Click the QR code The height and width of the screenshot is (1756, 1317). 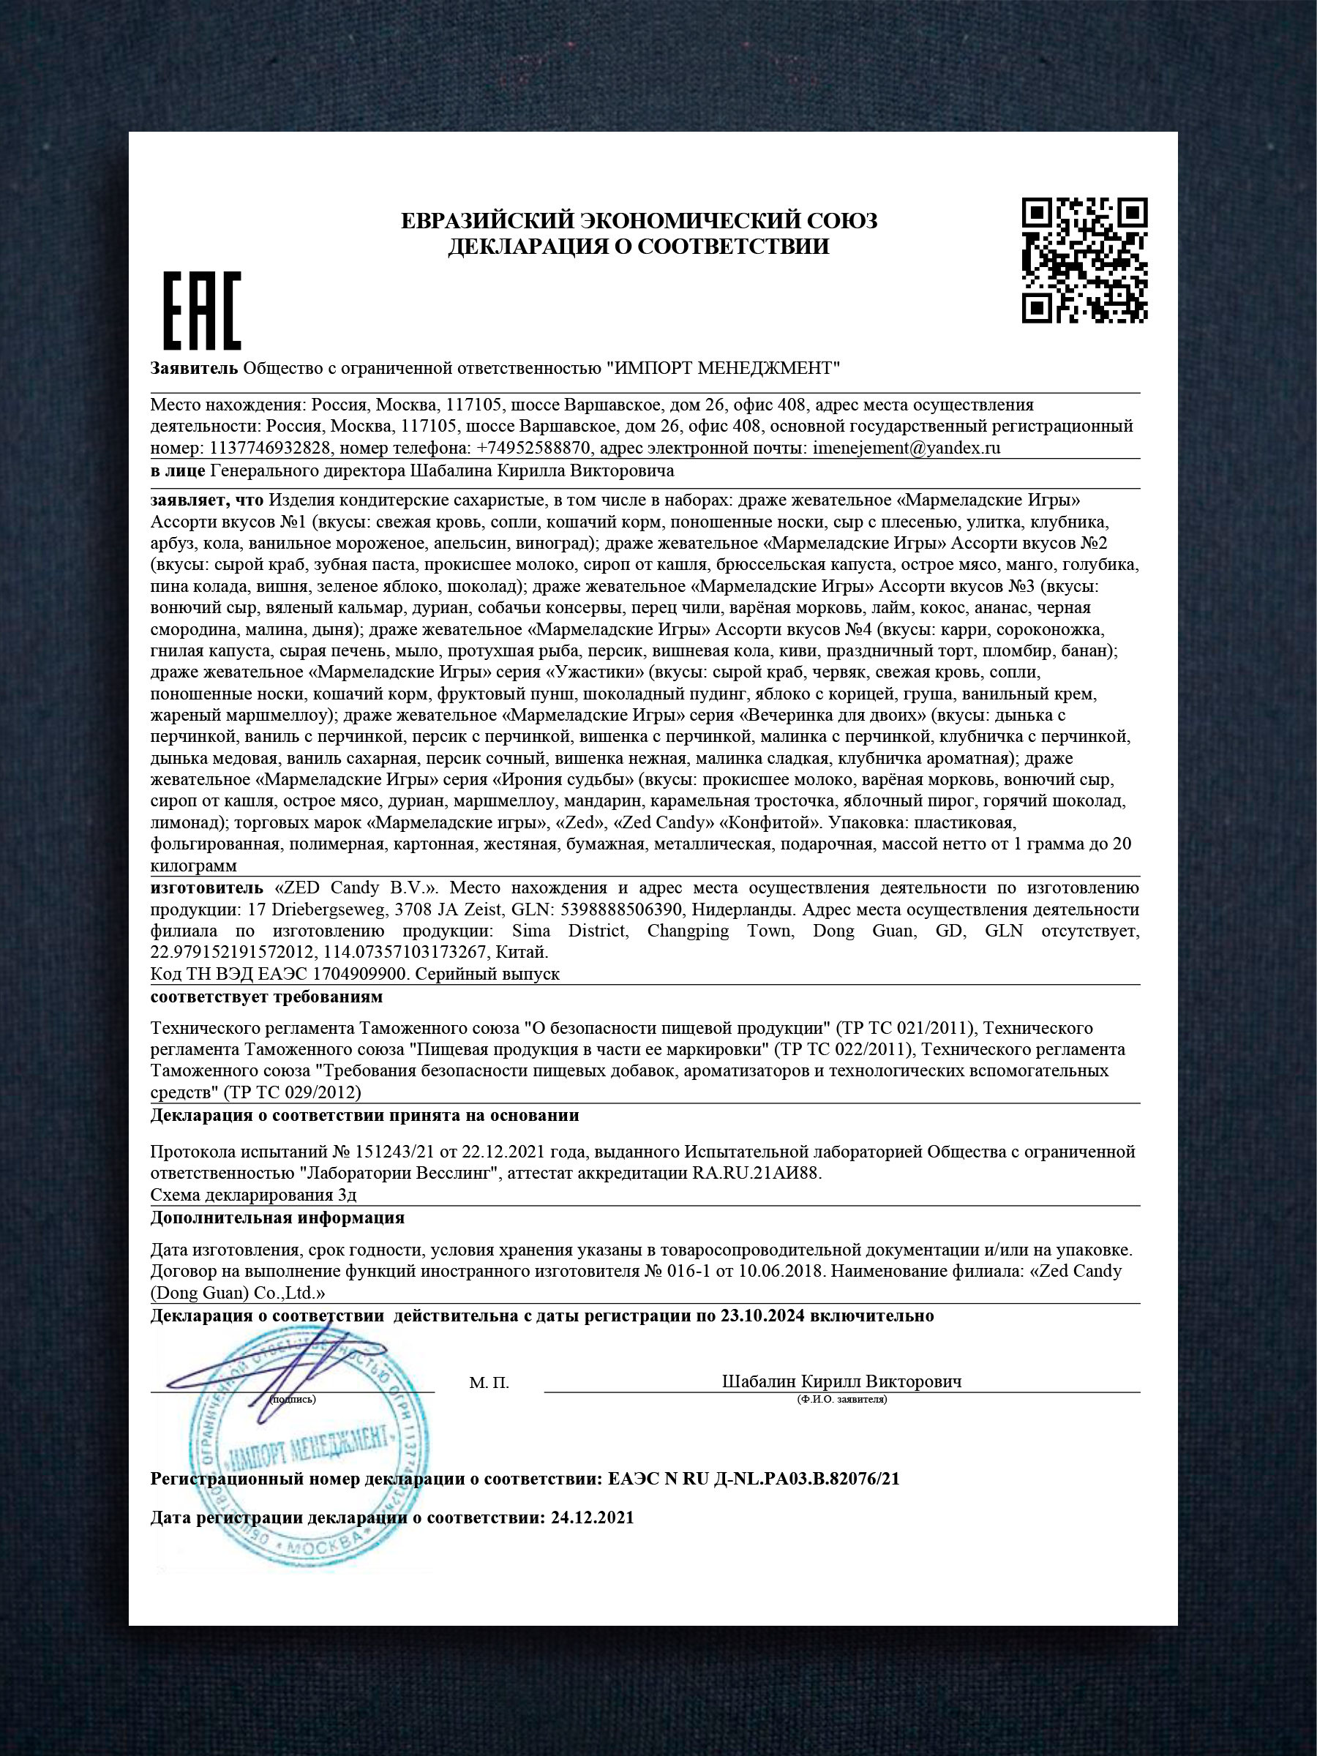point(1084,260)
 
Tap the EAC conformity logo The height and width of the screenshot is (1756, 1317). point(202,310)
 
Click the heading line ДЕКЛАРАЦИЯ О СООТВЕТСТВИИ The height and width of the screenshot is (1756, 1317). point(638,247)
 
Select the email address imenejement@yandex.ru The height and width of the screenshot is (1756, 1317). point(906,448)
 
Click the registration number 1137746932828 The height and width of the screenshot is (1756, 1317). point(270,448)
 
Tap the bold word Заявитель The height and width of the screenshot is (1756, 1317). point(194,367)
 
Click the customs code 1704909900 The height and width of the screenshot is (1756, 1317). point(361,973)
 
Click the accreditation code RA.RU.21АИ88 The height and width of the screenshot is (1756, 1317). point(756,1173)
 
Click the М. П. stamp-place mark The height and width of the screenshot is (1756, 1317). point(488,1384)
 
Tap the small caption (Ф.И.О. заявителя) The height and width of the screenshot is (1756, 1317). point(841,1400)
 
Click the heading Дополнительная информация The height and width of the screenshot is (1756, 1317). point(277,1217)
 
